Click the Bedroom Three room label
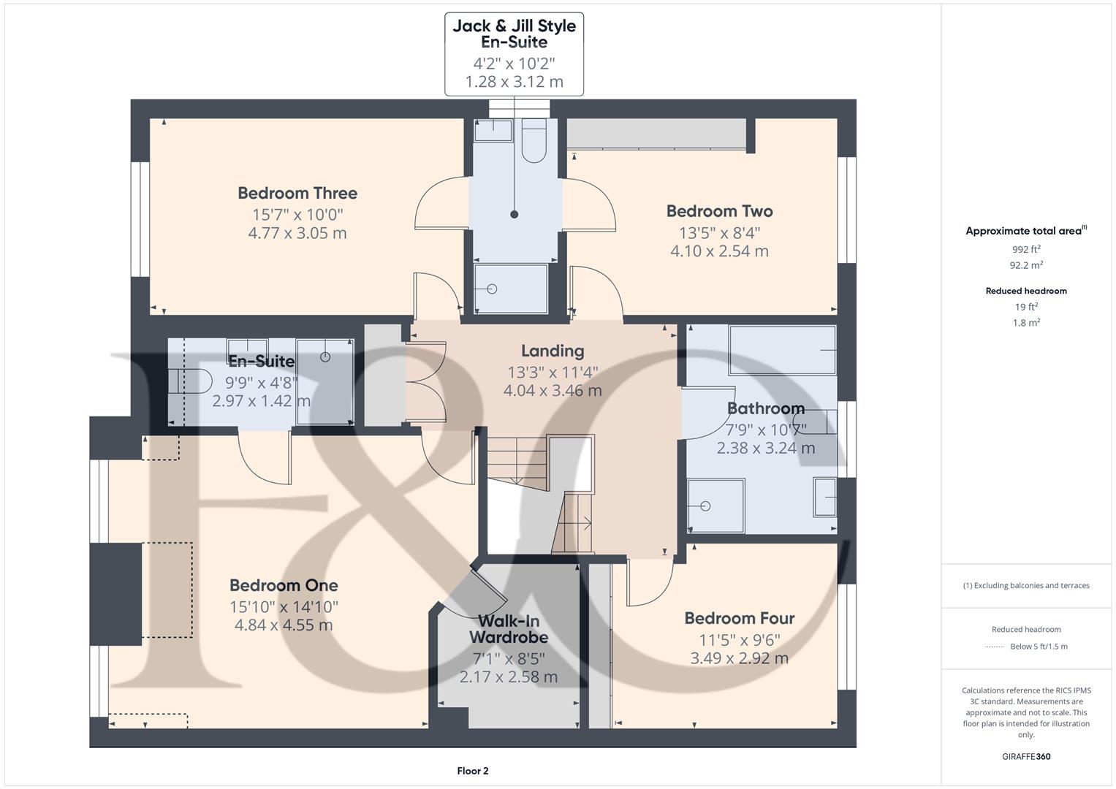tap(297, 194)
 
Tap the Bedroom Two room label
tap(719, 211)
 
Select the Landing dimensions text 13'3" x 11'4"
tap(553, 372)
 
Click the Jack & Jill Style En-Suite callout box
tap(514, 53)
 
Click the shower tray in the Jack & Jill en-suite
tap(511, 289)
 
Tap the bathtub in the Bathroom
tap(782, 351)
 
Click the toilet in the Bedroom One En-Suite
tap(190, 381)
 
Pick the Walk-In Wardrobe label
tap(509, 630)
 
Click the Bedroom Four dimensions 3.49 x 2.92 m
tap(739, 658)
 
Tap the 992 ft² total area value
tap(1026, 249)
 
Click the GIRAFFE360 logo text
tap(1026, 756)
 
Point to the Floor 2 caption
tap(472, 771)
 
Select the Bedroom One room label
tap(284, 585)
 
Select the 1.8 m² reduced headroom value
tap(1026, 323)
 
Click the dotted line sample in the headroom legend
tap(995, 647)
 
